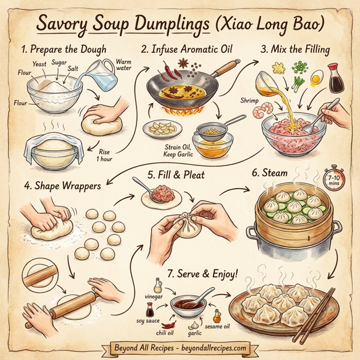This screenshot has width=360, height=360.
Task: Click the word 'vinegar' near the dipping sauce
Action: [x=157, y=296]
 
